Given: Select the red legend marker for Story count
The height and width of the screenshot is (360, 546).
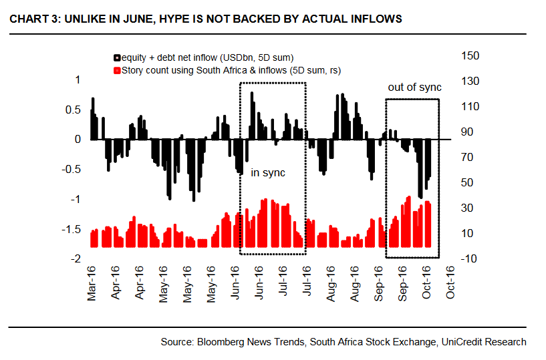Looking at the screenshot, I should [116, 69].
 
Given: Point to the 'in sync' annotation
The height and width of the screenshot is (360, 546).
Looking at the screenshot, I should [268, 173].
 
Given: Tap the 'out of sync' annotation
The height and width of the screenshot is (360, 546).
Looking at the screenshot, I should [414, 87].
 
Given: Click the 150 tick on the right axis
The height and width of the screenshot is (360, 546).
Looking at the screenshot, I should [470, 55].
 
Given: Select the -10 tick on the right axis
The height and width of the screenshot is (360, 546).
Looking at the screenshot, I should [468, 258].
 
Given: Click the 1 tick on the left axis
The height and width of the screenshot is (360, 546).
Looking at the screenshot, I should [78, 79].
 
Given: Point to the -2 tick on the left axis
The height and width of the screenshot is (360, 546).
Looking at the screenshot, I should [76, 259].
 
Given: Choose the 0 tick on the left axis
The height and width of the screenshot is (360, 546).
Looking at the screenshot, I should [78, 139].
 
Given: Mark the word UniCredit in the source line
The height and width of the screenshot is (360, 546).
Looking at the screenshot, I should [460, 342].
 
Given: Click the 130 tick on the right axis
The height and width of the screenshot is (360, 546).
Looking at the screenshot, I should [470, 81].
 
